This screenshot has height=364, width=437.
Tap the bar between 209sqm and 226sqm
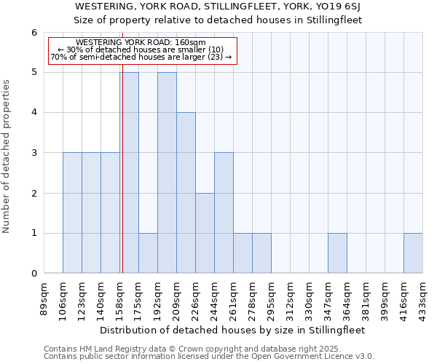pos(186,193)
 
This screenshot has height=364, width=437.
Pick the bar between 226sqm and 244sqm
pos(205,233)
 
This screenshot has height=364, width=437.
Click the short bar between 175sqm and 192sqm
pos(148,253)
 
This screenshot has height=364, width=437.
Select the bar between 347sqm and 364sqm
pos(337,253)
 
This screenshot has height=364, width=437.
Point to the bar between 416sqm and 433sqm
pos(413,253)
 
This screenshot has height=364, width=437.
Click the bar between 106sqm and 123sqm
pos(72,213)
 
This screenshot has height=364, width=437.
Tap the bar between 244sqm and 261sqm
pos(224,213)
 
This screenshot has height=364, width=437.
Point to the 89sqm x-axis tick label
pos(44,298)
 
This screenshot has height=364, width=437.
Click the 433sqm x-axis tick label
pos(423,298)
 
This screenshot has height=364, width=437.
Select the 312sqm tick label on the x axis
pos(291,298)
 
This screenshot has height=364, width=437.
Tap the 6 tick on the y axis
pos(34,33)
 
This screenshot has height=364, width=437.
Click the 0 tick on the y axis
pos(34,274)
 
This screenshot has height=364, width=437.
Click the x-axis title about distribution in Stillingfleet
pos(233,330)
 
